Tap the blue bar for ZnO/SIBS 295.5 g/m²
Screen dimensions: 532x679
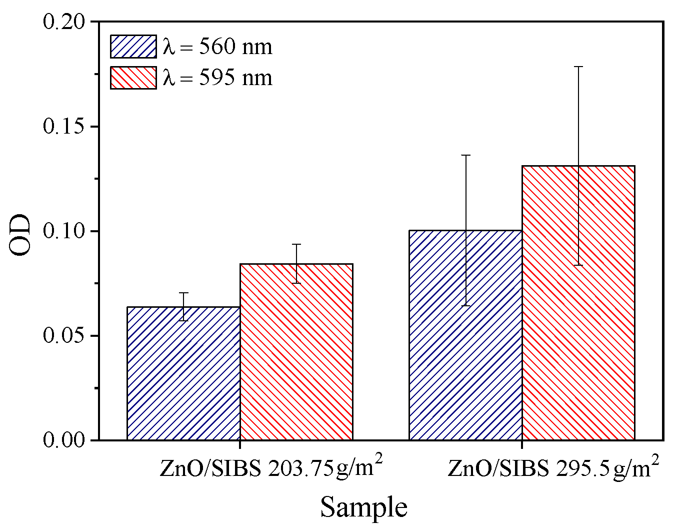[465, 335]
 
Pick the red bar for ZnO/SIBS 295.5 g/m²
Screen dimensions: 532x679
[578, 303]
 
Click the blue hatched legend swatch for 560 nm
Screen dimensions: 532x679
[133, 47]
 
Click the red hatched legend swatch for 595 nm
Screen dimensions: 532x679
[133, 78]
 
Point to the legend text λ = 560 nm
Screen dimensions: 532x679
[217, 47]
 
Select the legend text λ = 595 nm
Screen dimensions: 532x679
[217, 78]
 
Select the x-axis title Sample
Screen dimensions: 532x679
[363, 507]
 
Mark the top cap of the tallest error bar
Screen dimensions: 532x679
[578, 67]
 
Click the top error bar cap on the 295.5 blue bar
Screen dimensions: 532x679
[465, 156]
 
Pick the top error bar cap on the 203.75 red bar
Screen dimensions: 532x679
[296, 244]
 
